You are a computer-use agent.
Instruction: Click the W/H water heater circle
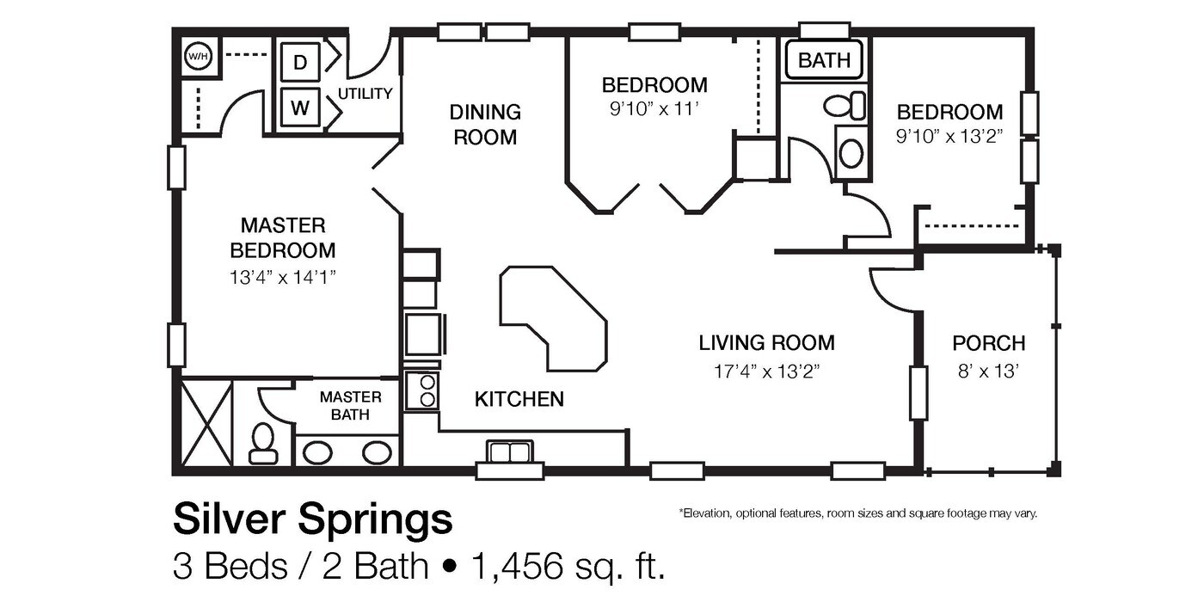coord(198,58)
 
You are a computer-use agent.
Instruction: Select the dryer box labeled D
coord(299,62)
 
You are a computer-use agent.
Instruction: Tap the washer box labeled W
coord(299,108)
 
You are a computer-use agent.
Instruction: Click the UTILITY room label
coord(365,94)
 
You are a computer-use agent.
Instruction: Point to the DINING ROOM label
coord(485,125)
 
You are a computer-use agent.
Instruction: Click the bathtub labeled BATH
coord(824,60)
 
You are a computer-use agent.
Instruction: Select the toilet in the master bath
coord(263,441)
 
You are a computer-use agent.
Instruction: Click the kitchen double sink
coord(510,452)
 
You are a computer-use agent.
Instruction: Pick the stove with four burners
coord(421,390)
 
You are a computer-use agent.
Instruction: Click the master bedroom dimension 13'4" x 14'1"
coord(282,277)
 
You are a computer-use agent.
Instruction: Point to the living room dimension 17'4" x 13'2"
coord(765,371)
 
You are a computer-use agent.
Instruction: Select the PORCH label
coord(988,344)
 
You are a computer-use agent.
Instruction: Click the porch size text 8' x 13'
coord(988,372)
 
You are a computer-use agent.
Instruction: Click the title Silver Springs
coord(312,520)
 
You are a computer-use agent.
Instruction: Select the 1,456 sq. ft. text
coord(567,566)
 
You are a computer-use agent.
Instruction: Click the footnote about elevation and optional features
coord(858,513)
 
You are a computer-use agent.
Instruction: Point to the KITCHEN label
coord(519,399)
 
